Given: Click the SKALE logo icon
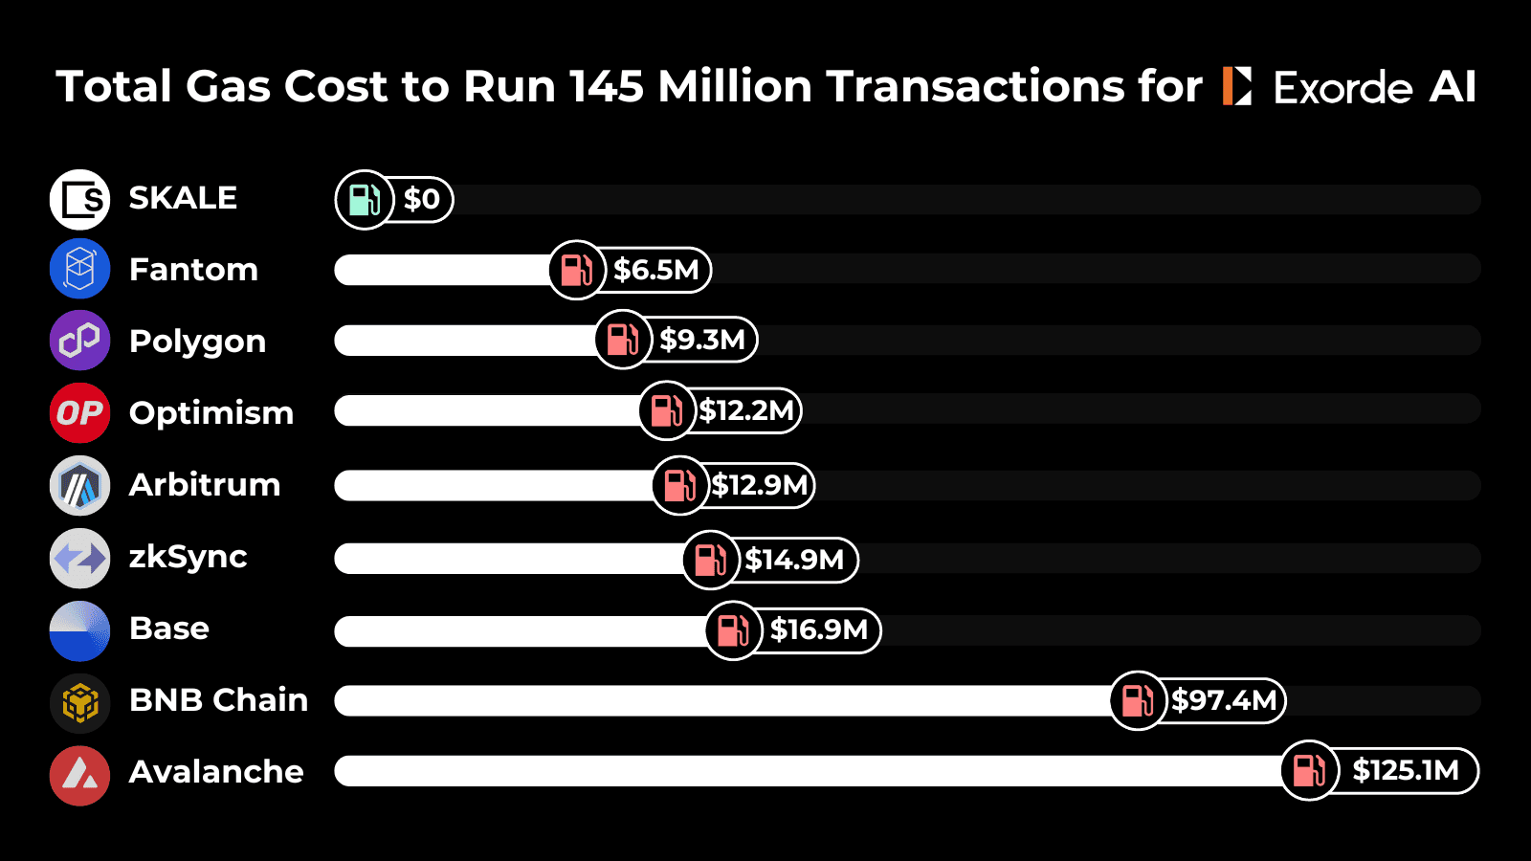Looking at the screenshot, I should click(x=79, y=199).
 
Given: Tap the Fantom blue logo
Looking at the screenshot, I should click(x=79, y=269).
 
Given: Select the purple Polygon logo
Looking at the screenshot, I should click(x=79, y=341).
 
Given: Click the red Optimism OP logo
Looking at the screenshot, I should click(x=79, y=412).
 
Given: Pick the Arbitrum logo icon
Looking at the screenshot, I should click(x=79, y=485).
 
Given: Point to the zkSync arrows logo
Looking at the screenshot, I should click(x=79, y=558).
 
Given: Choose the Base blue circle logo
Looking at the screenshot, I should click(x=79, y=630).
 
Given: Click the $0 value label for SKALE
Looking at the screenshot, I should click(x=422, y=199).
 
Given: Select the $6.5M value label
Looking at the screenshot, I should click(x=656, y=270).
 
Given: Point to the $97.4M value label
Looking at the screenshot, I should click(x=1224, y=700).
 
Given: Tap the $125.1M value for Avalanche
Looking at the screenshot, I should click(x=1405, y=770).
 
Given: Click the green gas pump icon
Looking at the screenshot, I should click(x=365, y=199).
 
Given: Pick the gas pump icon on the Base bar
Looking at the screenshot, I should click(x=733, y=630).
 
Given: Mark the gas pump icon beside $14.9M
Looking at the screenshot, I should click(x=710, y=560).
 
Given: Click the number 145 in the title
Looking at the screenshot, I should click(x=606, y=86).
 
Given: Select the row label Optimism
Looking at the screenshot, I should click(x=211, y=413).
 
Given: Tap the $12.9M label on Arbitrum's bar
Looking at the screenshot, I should click(x=760, y=485).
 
